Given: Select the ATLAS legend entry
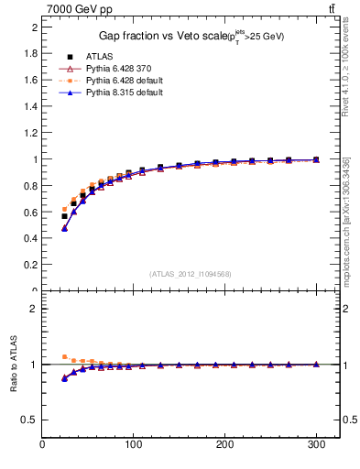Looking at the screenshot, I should pyautogui.click(x=100, y=56).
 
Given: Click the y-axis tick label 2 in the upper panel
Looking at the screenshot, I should pyautogui.click(x=34, y=27).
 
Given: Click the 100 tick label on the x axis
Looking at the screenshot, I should pyautogui.click(x=135, y=445).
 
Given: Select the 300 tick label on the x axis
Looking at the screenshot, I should pyautogui.click(x=316, y=445).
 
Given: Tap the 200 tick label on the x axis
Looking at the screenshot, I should pyautogui.click(x=225, y=445).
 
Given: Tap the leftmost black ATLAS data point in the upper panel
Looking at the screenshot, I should pyautogui.click(x=64, y=216).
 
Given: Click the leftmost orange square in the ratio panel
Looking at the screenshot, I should pyautogui.click(x=64, y=356).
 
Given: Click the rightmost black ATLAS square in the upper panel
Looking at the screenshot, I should pyautogui.click(x=316, y=159).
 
